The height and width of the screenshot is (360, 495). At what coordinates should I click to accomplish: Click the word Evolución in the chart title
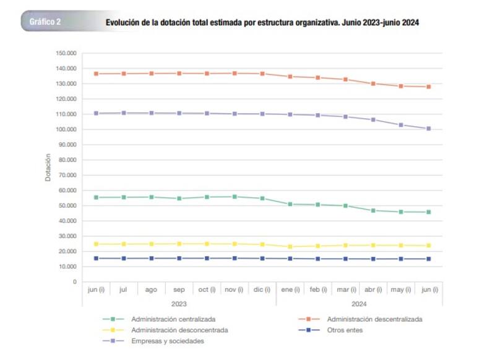point(123,22)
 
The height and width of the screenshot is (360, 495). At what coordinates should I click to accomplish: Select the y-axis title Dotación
point(48,168)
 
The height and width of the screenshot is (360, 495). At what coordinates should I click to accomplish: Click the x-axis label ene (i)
point(290,289)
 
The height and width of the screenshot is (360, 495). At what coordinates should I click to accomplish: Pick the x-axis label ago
point(151,289)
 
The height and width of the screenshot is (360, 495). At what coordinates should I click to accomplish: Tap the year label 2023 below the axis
point(178,304)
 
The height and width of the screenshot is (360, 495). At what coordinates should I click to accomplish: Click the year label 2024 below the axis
point(359,304)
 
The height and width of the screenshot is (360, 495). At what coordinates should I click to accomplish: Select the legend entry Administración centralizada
point(173,319)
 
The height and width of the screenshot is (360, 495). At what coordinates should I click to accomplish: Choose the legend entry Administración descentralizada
point(374,319)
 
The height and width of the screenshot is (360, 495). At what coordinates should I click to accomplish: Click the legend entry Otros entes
point(345,330)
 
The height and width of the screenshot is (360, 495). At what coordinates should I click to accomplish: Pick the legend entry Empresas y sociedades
point(167,341)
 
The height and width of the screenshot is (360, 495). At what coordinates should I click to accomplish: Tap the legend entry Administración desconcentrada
point(179,330)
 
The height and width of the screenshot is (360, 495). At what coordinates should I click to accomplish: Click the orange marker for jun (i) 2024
point(428,87)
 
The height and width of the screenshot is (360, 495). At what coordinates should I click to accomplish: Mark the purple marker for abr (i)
point(373,119)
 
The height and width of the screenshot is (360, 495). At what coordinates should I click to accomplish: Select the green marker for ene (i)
point(290,204)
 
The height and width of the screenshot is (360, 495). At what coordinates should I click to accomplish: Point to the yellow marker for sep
point(179,244)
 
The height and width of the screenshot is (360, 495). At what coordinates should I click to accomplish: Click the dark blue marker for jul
point(124,259)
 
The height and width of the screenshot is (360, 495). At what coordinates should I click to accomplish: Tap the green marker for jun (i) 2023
point(96,197)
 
